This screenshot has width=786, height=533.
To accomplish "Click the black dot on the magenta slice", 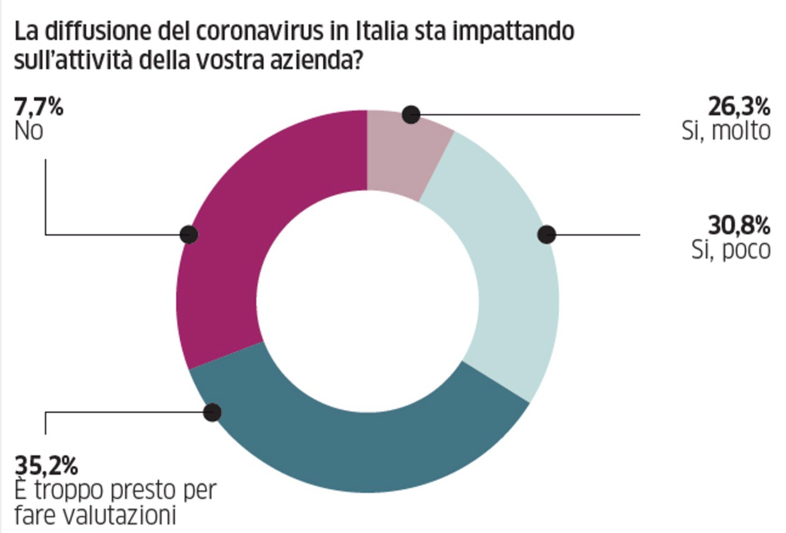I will pyautogui.click(x=189, y=234).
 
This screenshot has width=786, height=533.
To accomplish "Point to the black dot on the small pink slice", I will pyautogui.click(x=411, y=115).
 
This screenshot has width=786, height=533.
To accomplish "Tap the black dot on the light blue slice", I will pyautogui.click(x=546, y=235).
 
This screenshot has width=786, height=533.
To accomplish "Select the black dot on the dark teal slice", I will pyautogui.click(x=212, y=412).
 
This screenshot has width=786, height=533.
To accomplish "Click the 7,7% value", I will pyautogui.click(x=38, y=106).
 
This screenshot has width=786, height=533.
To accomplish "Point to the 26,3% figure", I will pyautogui.click(x=738, y=106).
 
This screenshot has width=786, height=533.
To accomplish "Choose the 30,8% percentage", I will pyautogui.click(x=738, y=226).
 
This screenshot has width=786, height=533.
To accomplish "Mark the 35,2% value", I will pyautogui.click(x=46, y=466).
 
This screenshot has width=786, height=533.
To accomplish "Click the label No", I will pyautogui.click(x=28, y=131).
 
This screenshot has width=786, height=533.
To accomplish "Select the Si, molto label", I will pyautogui.click(x=725, y=131).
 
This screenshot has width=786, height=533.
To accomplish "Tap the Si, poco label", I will pyautogui.click(x=730, y=250).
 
